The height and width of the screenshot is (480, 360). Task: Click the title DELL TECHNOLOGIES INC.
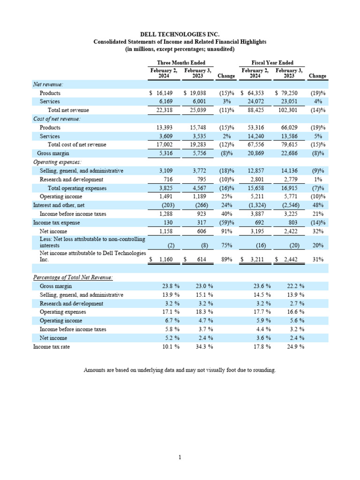pyautogui.click(x=180, y=34)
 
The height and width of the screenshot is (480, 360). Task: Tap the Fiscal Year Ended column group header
pyautogui.click(x=272, y=63)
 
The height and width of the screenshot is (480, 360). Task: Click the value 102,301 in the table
pyautogui.click(x=288, y=110)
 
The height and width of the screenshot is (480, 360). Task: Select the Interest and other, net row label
pyautogui.click(x=59, y=205)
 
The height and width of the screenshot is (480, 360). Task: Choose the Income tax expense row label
pyautogui.click(x=56, y=223)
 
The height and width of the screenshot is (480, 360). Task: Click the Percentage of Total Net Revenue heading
pyautogui.click(x=73, y=277)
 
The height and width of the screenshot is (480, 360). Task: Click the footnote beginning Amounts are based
pyautogui.click(x=180, y=370)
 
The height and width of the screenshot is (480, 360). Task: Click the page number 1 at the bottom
pyautogui.click(x=180, y=457)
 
